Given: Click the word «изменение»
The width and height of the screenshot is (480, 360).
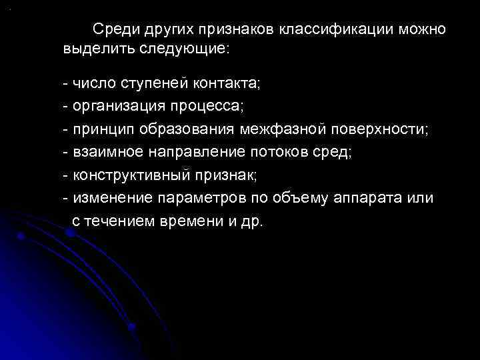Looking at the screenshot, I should pos(110,198).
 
